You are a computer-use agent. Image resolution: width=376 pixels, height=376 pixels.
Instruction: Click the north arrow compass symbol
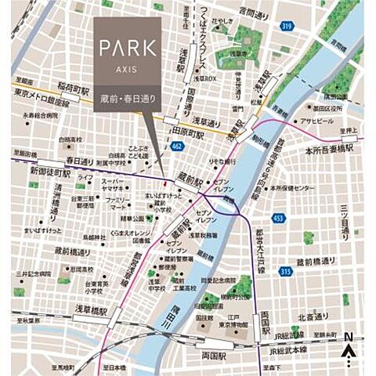pyautogui.click(x=349, y=348)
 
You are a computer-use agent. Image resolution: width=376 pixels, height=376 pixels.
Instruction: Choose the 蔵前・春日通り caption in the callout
pyautogui.click(x=128, y=95)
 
